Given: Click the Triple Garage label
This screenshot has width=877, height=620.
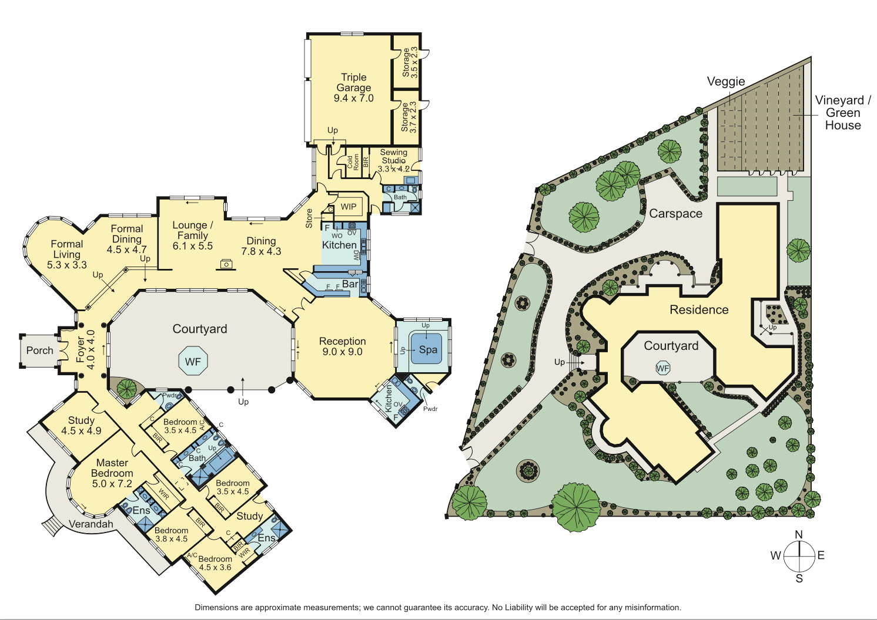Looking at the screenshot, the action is click(x=353, y=83).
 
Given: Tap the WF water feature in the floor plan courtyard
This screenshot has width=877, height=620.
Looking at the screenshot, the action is click(x=193, y=360).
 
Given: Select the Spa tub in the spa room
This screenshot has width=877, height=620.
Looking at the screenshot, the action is click(x=426, y=349).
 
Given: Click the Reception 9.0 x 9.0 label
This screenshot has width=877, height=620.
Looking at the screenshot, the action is click(x=343, y=346).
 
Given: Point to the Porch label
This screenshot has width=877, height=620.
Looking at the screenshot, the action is click(x=39, y=351).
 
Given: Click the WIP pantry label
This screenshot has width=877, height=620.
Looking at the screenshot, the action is click(x=349, y=207).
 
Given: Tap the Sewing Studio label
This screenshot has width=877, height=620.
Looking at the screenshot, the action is click(x=393, y=156).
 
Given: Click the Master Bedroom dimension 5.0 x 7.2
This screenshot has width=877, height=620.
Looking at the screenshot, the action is click(x=112, y=484).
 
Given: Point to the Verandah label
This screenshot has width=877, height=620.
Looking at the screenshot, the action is click(x=91, y=524).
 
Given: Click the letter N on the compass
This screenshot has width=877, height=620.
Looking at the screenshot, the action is click(x=799, y=534).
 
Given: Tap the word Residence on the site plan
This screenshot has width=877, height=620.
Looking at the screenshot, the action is click(x=699, y=310).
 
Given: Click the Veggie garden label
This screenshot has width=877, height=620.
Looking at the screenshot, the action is click(x=726, y=82).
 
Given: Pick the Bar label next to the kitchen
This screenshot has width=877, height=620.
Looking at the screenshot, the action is click(x=350, y=284).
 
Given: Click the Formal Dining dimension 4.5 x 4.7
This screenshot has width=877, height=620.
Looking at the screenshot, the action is click(x=127, y=249).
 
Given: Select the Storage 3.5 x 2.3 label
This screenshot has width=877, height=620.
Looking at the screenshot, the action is click(x=410, y=63).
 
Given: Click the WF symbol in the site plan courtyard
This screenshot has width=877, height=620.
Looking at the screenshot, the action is click(x=662, y=368).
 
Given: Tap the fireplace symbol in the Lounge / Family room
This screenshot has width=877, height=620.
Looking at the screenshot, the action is click(x=226, y=265).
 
